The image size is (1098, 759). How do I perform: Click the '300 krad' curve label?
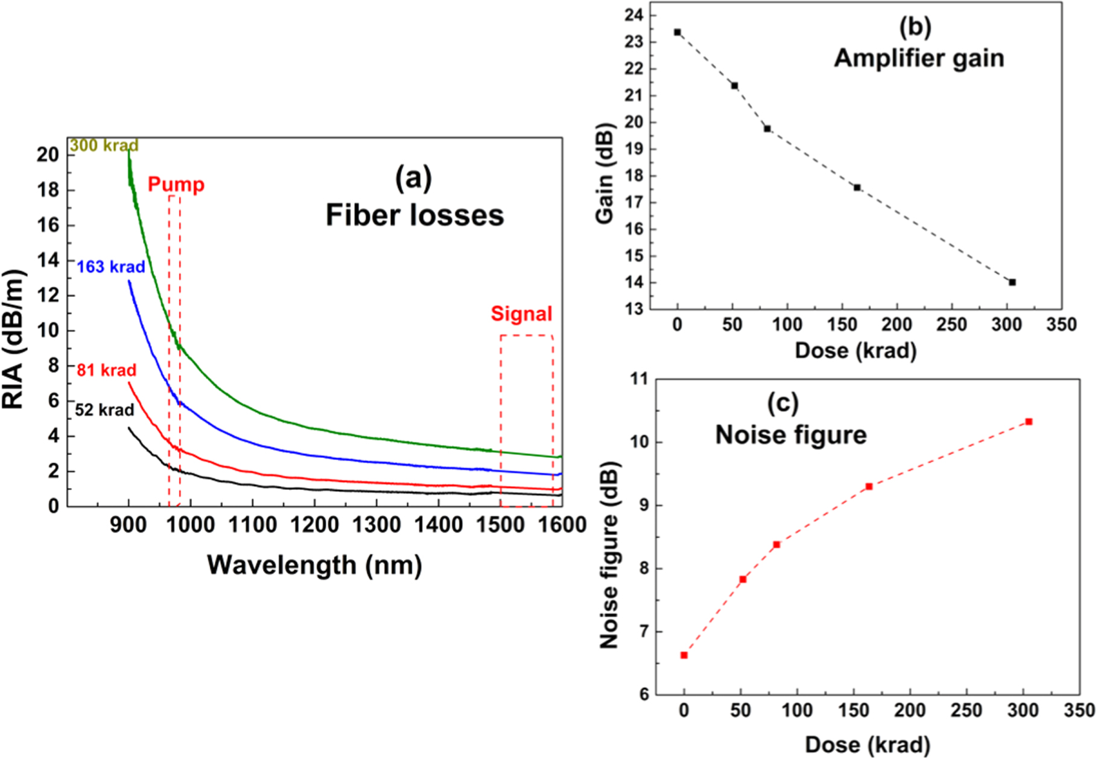point(104,145)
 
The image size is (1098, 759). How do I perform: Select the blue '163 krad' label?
point(111,267)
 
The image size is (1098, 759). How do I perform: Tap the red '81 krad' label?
point(106,370)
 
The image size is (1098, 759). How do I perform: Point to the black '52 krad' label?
point(104,410)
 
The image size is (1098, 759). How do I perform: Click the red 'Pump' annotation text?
point(176,184)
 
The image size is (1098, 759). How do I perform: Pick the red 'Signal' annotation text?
point(521,314)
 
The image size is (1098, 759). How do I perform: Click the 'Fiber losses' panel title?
point(414,215)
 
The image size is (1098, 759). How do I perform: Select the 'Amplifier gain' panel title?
point(919,59)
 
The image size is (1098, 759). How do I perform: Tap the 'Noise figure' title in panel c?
point(791,435)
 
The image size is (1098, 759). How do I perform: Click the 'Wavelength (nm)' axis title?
point(314,565)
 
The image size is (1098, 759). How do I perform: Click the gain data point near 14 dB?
point(1012,282)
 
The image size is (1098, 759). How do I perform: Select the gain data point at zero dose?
point(678,32)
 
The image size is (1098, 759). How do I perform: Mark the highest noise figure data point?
point(1029,422)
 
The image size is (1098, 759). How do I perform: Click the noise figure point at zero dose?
point(684,655)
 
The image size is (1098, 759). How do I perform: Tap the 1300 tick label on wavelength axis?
point(376,525)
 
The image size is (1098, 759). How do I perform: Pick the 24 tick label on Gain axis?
point(634,15)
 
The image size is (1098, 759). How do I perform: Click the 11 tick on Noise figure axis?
point(638,379)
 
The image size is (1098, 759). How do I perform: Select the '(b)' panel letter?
point(915,27)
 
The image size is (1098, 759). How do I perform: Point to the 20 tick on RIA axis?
point(48,155)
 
